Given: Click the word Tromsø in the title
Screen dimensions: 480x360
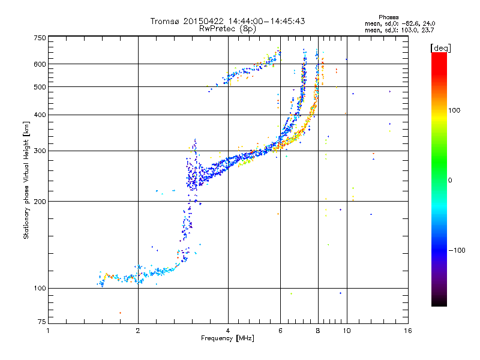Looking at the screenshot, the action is (x=165, y=22).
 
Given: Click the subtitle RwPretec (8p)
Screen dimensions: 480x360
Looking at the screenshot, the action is (x=227, y=29).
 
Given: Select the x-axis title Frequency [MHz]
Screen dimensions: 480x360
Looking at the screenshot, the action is (x=227, y=338).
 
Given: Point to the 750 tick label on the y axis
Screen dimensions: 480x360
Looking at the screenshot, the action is (x=40, y=38).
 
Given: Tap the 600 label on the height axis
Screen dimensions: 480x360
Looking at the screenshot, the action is (x=40, y=64).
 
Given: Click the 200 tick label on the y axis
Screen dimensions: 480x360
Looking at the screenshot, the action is (x=40, y=202).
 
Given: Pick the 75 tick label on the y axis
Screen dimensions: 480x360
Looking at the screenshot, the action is (x=41, y=322).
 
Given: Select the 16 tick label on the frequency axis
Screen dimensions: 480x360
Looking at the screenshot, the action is (x=408, y=331).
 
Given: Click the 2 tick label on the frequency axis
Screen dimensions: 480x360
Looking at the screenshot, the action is (x=138, y=331).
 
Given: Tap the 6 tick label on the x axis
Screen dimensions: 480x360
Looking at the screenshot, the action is (x=280, y=331).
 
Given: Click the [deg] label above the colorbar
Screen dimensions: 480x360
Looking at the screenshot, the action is (x=440, y=49).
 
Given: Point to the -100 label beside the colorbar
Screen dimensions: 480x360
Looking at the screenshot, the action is (x=457, y=250).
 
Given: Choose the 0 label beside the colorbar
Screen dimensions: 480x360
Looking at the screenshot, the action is (x=450, y=181).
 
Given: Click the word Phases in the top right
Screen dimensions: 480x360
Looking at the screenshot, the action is (x=388, y=17).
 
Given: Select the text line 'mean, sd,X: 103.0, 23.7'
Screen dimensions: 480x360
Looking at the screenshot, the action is (x=399, y=31).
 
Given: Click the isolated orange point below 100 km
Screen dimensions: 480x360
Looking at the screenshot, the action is (x=121, y=313).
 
